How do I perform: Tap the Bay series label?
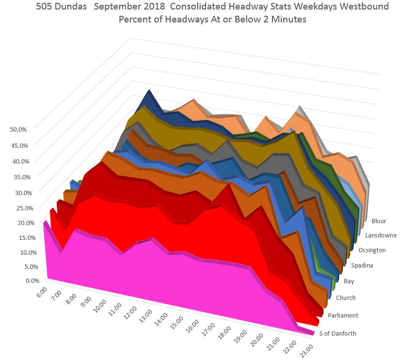pyautogui.click(x=349, y=281)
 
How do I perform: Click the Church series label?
pyautogui.click(x=346, y=298)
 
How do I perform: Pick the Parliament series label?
pyautogui.click(x=343, y=315)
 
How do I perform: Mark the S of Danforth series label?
pyautogui.click(x=338, y=333)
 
